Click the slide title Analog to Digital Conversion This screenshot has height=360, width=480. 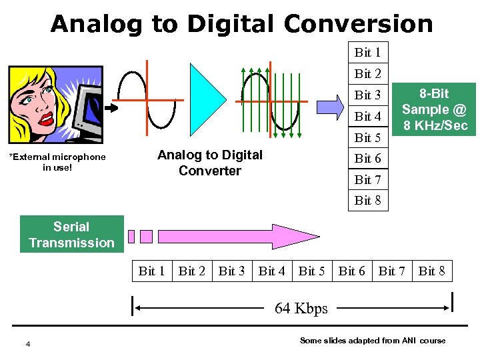241,24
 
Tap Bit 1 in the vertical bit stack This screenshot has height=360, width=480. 367,53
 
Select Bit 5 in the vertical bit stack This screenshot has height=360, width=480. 367,137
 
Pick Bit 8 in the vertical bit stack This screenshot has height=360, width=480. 367,200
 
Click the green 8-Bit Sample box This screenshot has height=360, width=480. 434,109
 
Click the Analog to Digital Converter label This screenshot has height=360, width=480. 210,163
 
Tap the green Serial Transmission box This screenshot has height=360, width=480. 71,235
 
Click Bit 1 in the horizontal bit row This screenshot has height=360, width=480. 151,271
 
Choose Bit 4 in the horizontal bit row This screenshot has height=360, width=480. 271,271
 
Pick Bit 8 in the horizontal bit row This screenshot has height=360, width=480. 431,271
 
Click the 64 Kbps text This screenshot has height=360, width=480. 301,309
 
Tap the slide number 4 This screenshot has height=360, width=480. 27,343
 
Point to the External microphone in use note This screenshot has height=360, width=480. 57,162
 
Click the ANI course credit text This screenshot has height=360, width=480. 373,341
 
